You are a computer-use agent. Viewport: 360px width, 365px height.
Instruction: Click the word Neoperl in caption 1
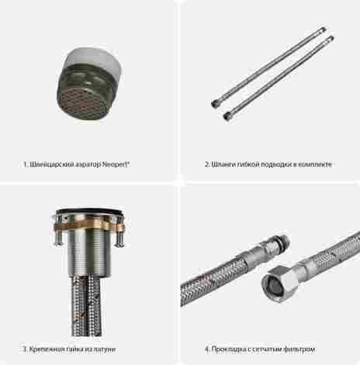point(116,165)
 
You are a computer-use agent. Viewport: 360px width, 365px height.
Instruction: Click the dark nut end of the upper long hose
point(215,104)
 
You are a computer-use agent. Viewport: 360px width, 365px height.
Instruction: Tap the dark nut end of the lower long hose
point(227,116)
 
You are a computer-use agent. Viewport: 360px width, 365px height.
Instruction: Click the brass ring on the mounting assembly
point(89,227)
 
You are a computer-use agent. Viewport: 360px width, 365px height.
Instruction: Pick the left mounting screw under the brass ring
point(58,239)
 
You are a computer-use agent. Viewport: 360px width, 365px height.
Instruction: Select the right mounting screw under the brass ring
point(119,239)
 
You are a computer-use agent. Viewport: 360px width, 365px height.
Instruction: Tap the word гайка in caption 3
point(74,349)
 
